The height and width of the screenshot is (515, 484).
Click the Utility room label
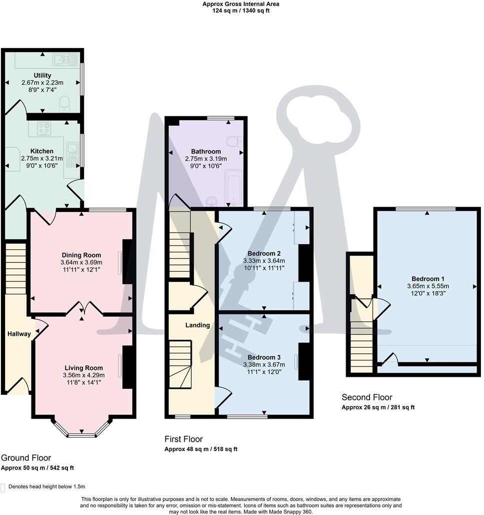coord(42,75)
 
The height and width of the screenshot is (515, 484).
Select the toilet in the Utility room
coord(65,105)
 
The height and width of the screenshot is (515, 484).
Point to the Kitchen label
coord(42,151)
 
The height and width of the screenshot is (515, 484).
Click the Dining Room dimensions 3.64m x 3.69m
coord(81,262)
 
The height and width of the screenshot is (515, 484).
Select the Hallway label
coord(19,334)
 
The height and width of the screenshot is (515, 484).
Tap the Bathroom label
coord(206,152)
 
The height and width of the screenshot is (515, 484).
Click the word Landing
coord(197,325)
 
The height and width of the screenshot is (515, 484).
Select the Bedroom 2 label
coord(264,253)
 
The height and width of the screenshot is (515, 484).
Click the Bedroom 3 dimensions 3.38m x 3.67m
coord(264,365)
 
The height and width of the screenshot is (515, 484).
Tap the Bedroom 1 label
coord(428,279)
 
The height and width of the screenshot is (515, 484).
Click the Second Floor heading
coord(367,397)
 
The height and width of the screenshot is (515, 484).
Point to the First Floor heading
coord(184,439)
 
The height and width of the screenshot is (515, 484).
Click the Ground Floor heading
coord(26,458)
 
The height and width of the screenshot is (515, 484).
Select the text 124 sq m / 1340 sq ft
coord(241,11)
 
